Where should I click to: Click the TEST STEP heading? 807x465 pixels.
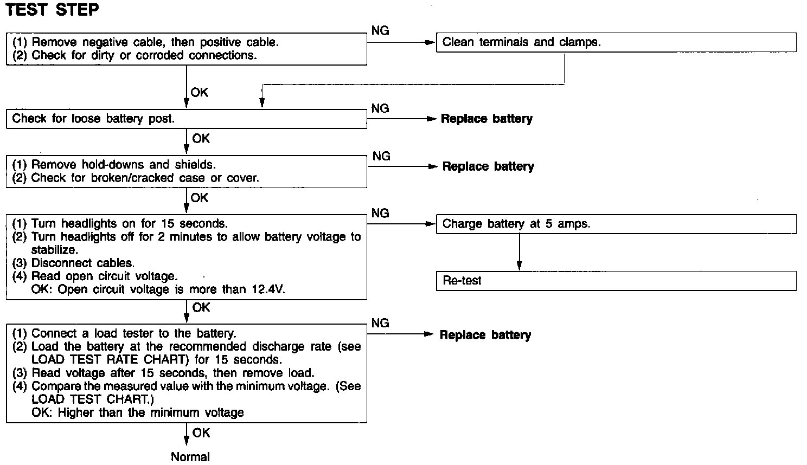(x=52, y=10)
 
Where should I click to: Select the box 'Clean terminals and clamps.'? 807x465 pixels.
(x=616, y=42)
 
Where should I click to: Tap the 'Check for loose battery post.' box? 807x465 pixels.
(x=186, y=119)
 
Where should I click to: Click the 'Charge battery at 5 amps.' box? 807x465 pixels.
(x=616, y=224)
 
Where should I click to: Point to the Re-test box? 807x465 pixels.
(x=616, y=281)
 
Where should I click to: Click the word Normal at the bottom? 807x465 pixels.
(x=190, y=457)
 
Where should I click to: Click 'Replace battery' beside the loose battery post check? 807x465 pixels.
(x=486, y=119)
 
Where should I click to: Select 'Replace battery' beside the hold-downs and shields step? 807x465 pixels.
(x=488, y=166)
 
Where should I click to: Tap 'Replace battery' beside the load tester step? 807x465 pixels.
(x=485, y=335)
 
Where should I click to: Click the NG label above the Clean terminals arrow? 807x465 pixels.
(x=380, y=31)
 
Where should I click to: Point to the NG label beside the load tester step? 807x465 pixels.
(x=380, y=323)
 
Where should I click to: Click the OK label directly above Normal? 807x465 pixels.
(x=201, y=433)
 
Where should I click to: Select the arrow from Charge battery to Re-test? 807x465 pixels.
(x=520, y=252)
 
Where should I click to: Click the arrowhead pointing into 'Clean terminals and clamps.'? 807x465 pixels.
(x=432, y=42)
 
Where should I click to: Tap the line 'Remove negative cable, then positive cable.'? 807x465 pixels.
(x=155, y=42)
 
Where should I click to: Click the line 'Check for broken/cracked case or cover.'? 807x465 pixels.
(x=145, y=178)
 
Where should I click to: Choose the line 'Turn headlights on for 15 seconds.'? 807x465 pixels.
(x=129, y=223)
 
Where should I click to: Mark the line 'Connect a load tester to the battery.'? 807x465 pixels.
(x=133, y=333)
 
